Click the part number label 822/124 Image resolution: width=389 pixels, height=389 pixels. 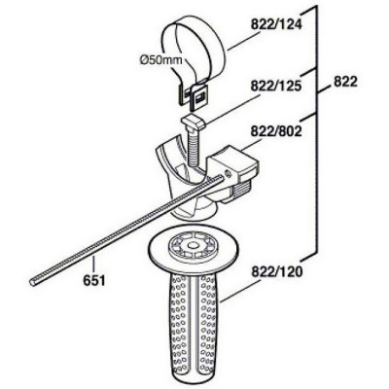pos(276,25)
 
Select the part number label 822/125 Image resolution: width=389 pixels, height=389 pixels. pos(276,87)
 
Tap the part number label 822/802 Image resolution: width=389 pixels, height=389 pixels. pos(276,131)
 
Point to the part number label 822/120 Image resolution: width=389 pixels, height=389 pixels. pos(276,271)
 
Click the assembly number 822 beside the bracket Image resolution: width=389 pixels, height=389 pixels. pos(345,82)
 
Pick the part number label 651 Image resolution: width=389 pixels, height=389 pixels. pos(94,280)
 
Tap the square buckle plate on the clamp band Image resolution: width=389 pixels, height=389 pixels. pos(198,97)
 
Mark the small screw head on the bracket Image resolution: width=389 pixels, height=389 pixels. pos(227,174)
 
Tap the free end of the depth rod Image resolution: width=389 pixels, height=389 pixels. pos(33,283)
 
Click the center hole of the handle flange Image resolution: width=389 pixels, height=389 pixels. pos(193,247)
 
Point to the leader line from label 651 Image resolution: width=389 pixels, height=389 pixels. pos(93,265)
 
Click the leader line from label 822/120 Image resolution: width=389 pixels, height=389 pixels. pos(239,291)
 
